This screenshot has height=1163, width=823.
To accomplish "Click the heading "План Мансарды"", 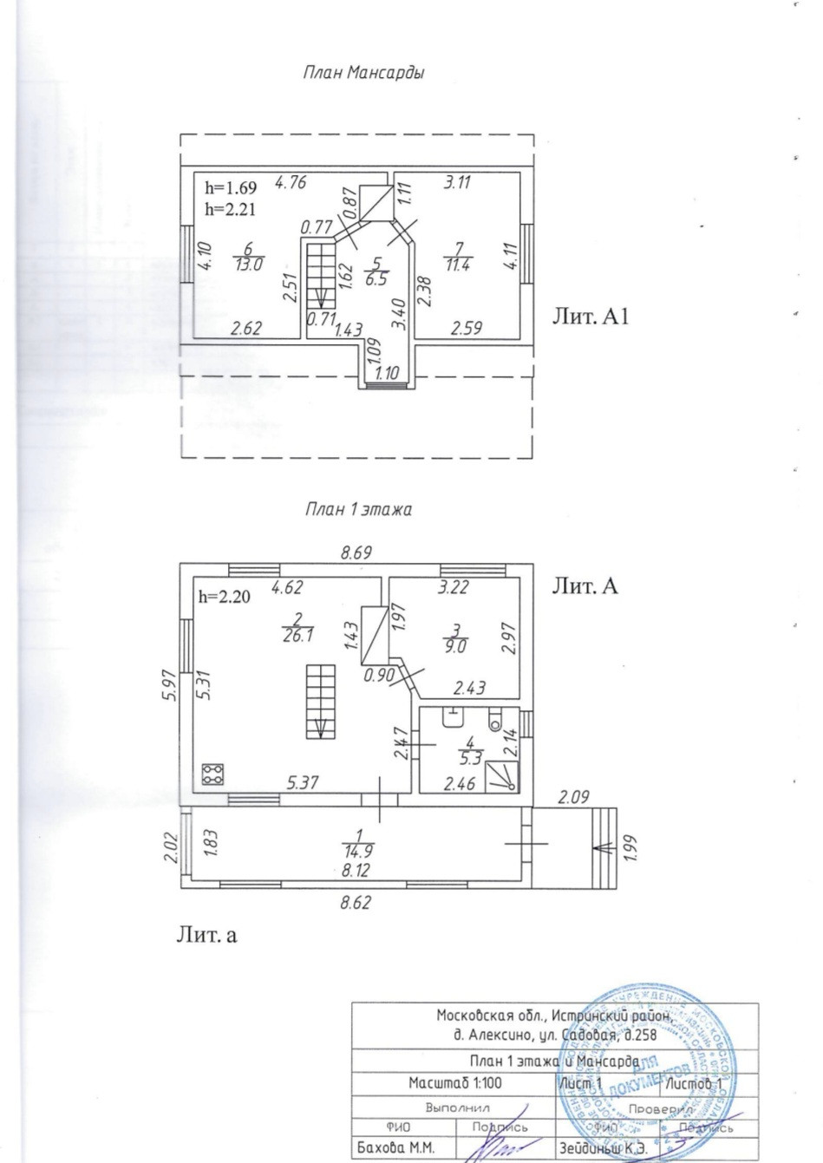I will click(x=363, y=74).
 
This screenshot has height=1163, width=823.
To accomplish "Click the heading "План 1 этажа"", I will click(x=358, y=510).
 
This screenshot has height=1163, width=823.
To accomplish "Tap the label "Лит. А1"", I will click(x=590, y=317).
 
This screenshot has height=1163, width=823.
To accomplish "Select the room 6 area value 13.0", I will click(x=248, y=266).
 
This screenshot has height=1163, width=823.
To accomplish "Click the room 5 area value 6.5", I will click(x=376, y=278).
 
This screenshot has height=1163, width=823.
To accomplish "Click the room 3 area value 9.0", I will click(x=457, y=646).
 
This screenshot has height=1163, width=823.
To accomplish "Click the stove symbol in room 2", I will click(x=213, y=774).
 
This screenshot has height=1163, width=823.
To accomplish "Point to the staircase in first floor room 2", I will click(x=320, y=702).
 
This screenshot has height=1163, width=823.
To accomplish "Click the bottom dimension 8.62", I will click(x=356, y=902).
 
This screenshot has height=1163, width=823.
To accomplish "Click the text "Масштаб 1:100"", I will click(x=454, y=1083).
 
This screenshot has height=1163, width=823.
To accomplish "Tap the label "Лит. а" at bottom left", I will click(x=206, y=935).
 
